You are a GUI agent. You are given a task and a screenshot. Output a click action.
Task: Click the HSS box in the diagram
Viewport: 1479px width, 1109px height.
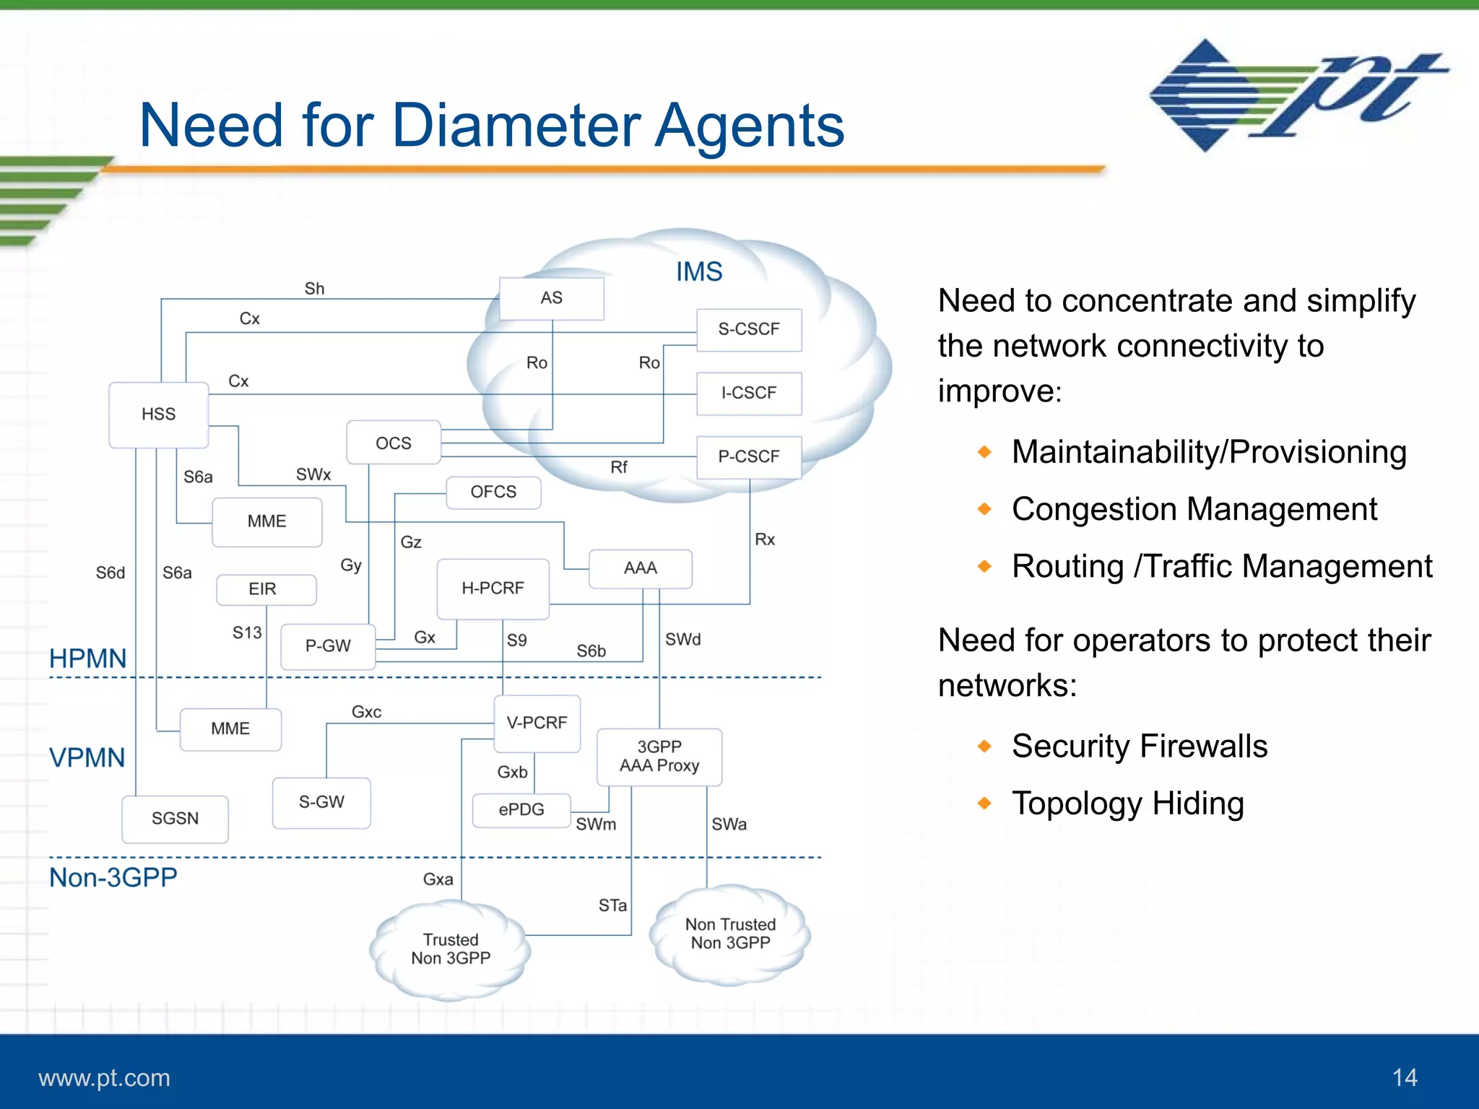(158, 414)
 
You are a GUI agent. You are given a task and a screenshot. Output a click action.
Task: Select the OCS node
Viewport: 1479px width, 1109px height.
(393, 443)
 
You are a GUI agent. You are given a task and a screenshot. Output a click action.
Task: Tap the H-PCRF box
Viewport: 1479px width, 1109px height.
(493, 588)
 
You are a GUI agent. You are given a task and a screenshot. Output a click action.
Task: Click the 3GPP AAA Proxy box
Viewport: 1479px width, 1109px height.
(659, 757)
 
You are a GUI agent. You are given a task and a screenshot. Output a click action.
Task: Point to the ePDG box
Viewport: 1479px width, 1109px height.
(521, 810)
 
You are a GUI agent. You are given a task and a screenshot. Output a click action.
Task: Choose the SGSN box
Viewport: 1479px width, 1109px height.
(175, 819)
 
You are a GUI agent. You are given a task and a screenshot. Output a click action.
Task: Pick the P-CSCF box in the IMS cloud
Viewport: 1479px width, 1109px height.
(748, 456)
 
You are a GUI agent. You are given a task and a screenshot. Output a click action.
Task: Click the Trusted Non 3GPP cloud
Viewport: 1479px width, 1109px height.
(451, 949)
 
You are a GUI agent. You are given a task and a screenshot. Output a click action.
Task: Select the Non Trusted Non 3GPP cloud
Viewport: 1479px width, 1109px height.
(730, 934)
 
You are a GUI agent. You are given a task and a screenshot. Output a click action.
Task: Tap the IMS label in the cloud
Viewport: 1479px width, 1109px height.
(698, 272)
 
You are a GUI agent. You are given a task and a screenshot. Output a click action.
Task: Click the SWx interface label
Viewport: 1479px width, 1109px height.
(313, 475)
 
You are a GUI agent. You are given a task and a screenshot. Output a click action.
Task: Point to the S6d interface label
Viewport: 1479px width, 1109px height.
(110, 573)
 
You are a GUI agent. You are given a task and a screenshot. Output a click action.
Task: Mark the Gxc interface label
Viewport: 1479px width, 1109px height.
(366, 712)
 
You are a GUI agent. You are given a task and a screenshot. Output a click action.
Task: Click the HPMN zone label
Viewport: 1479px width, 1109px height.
(87, 658)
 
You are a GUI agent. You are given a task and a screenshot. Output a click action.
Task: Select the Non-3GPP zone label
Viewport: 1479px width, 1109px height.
(113, 877)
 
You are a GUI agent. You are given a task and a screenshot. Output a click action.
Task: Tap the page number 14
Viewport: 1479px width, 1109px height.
(1404, 1078)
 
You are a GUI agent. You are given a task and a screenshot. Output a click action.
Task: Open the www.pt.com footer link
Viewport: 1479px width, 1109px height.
(104, 1078)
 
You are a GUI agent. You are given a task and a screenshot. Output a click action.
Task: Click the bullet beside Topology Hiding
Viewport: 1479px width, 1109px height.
(984, 804)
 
